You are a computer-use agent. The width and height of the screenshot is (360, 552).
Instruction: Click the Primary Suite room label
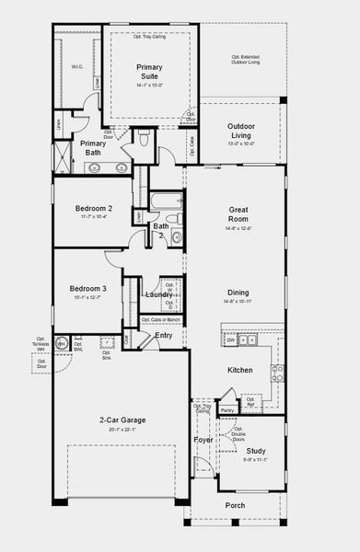149,72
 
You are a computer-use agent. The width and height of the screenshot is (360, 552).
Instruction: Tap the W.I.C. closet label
77,66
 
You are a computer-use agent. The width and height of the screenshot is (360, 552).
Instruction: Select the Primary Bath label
93,147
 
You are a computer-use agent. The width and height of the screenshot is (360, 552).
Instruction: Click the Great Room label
238,214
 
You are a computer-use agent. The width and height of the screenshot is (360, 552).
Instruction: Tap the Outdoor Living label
241,130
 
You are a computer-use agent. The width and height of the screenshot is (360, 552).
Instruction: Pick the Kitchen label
240,370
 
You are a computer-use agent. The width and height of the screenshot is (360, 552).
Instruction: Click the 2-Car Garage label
122,420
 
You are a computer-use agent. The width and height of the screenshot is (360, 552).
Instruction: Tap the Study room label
255,451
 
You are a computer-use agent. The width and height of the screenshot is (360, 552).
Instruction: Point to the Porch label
236,505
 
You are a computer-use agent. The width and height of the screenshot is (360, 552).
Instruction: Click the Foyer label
203,440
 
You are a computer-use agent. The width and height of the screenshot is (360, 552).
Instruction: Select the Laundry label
157,294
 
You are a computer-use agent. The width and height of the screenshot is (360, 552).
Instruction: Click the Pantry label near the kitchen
227,409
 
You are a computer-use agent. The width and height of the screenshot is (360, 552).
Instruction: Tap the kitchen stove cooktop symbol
276,373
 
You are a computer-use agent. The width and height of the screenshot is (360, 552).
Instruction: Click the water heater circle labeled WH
62,344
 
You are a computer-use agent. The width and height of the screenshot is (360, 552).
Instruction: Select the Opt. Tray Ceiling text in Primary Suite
149,37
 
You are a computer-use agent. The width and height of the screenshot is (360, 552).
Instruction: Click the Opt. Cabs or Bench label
159,319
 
